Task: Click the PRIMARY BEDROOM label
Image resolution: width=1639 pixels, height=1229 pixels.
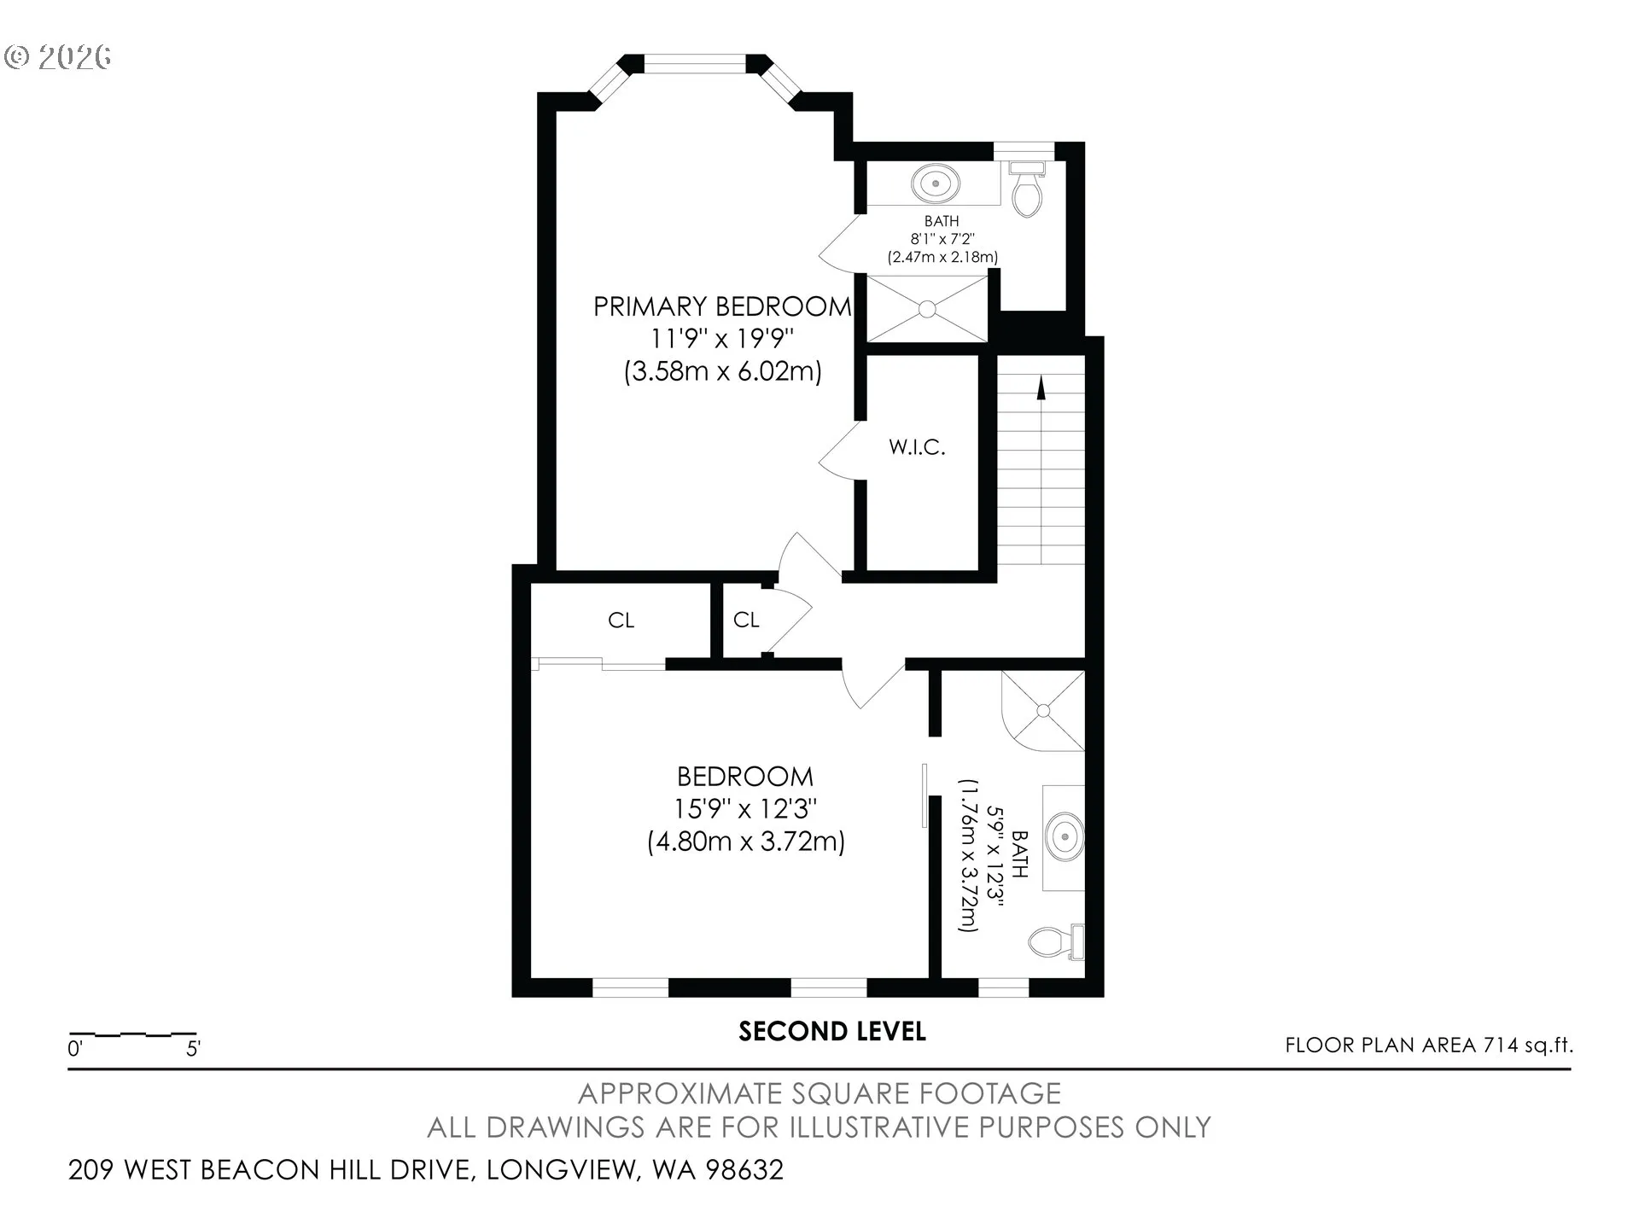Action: tap(722, 306)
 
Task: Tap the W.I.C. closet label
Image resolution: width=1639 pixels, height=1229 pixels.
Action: tap(917, 447)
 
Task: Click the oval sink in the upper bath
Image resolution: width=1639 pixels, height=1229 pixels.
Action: tap(936, 183)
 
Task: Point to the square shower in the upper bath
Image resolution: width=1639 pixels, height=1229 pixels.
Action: tap(927, 309)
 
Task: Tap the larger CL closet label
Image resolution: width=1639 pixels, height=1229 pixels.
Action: tap(621, 620)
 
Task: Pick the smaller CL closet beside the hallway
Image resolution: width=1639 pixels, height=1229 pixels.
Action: tap(746, 620)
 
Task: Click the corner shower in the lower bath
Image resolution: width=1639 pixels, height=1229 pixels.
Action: tap(1043, 710)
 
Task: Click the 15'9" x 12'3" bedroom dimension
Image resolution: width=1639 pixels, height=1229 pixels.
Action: tap(745, 808)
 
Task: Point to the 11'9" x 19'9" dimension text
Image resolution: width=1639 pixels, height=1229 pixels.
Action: tap(722, 339)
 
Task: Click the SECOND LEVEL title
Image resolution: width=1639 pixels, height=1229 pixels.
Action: tap(832, 1032)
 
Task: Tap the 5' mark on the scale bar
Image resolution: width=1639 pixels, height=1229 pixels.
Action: tap(194, 1048)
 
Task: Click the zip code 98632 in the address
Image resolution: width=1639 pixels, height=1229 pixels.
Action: tap(744, 1169)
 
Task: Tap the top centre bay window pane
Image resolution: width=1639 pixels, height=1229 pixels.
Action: tap(694, 65)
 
